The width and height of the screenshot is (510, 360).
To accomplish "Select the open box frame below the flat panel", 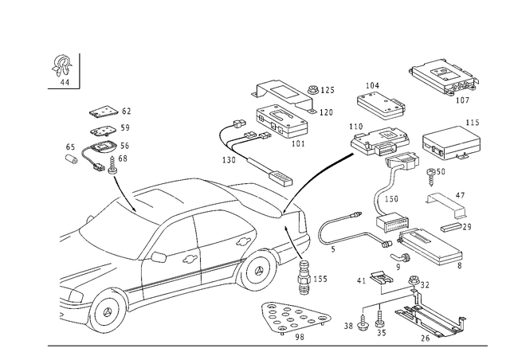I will click(452, 144).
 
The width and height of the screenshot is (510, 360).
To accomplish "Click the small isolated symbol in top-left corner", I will click(59, 68).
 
